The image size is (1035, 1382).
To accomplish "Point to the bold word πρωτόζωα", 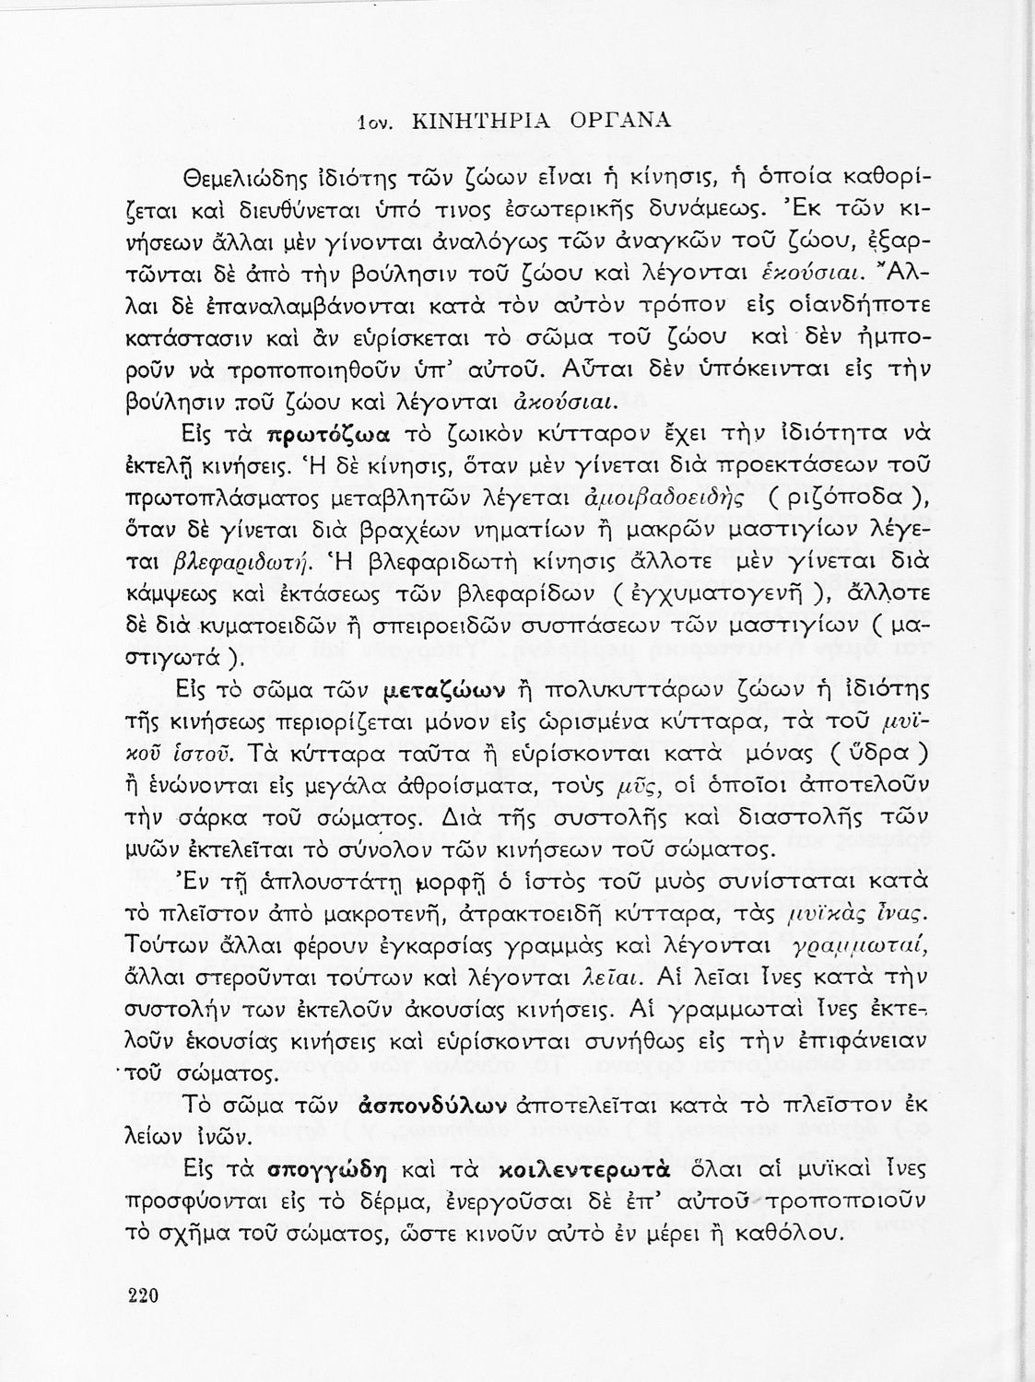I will click(328, 433).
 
